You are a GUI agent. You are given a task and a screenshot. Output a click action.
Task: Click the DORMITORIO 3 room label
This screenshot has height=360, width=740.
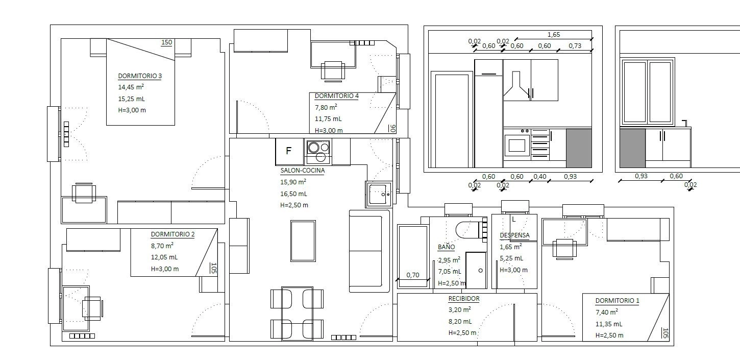140,76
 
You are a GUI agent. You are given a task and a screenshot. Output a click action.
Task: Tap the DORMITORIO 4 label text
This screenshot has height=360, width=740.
337,96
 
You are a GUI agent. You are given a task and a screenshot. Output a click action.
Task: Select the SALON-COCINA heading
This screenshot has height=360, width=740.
303,171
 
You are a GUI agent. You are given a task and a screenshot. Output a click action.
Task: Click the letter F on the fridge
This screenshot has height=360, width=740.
288,151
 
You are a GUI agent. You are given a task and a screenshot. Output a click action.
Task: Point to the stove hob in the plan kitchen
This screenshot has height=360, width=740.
318,152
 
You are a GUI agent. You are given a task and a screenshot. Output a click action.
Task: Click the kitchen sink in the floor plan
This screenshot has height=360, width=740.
379,195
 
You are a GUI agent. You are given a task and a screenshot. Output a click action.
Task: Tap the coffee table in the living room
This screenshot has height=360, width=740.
303,241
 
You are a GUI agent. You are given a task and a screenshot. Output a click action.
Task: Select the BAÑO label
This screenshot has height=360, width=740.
447,247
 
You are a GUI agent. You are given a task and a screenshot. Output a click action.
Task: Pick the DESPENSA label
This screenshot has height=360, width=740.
514,235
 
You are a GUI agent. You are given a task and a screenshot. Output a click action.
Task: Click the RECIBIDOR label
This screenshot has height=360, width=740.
464,299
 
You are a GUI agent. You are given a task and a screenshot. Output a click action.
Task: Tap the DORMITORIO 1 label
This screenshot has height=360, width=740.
617,301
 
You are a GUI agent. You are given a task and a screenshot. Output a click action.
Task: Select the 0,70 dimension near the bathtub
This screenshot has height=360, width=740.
413,275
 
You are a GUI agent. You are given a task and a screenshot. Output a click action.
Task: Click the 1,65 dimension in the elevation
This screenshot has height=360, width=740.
554,35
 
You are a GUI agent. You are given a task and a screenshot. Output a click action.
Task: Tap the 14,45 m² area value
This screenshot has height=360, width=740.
131,87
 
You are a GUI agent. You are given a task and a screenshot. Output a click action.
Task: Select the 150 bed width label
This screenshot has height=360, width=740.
167,42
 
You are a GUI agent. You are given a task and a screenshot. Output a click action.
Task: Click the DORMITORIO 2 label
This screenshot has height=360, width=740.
173,234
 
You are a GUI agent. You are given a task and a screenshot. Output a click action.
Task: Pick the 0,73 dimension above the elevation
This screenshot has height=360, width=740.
575,46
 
